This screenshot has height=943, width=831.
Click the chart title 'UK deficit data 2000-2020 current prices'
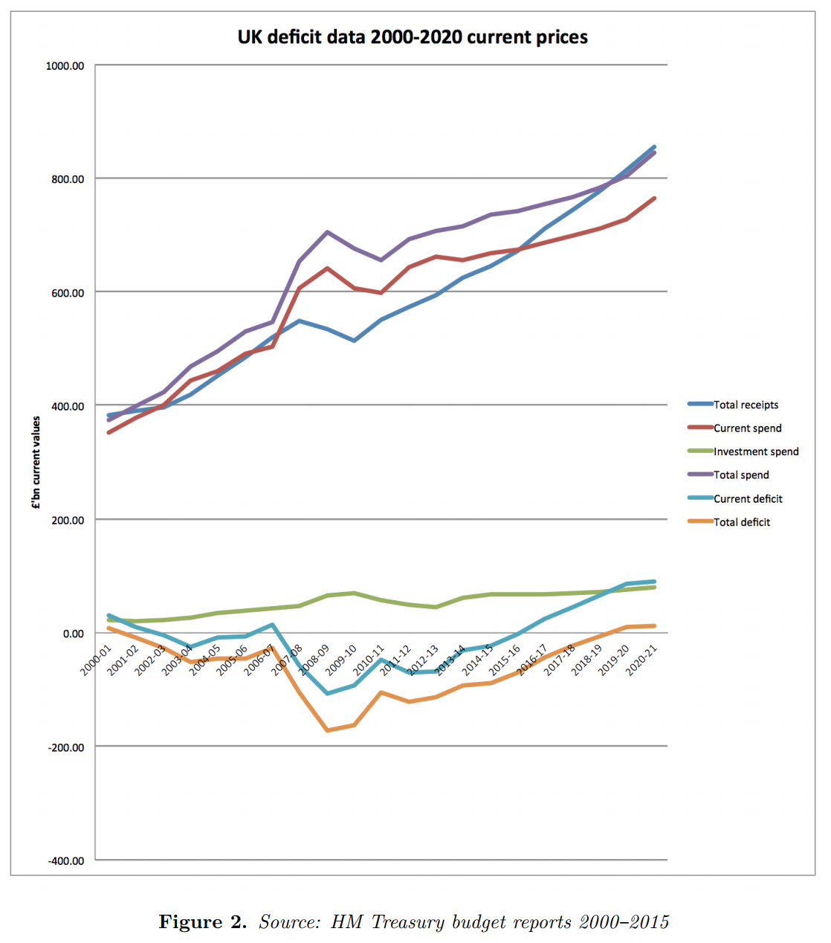(x=413, y=37)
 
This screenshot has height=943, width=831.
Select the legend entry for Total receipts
(x=746, y=405)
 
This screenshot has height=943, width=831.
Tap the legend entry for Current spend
(x=747, y=428)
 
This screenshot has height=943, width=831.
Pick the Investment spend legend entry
(x=756, y=451)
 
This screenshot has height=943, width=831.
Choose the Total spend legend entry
(x=741, y=475)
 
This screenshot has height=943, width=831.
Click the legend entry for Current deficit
(x=748, y=499)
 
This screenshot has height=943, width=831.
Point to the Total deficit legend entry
(x=742, y=522)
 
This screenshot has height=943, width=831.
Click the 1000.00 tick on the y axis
(x=65, y=66)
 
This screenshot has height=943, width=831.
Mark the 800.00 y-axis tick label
(x=68, y=179)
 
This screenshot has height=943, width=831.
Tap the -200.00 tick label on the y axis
(x=66, y=747)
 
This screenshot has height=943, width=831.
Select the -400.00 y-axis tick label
(x=66, y=861)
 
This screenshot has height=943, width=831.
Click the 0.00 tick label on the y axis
(x=73, y=634)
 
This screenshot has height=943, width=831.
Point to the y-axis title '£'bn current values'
(x=36, y=463)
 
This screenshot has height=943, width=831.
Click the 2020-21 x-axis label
(x=641, y=660)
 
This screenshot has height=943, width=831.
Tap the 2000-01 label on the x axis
(x=96, y=660)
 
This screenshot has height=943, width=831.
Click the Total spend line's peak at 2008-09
(x=327, y=232)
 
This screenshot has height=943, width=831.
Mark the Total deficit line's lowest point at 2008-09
(x=327, y=730)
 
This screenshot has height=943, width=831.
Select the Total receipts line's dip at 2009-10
(x=355, y=341)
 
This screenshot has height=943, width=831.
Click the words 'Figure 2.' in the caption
(x=202, y=922)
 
